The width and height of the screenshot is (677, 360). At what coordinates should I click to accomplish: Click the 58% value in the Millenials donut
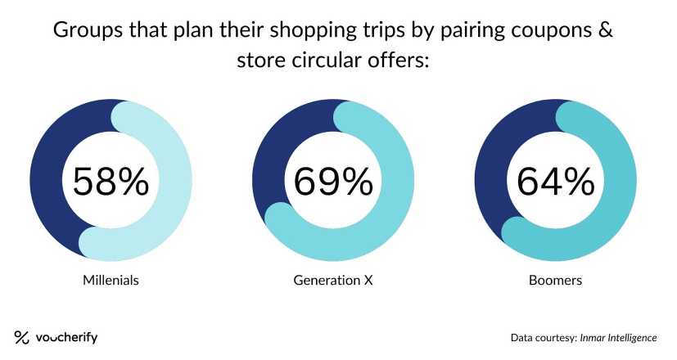click(111, 182)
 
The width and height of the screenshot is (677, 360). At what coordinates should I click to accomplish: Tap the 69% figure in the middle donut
click(333, 182)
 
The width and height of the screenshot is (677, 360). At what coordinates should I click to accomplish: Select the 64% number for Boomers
click(556, 182)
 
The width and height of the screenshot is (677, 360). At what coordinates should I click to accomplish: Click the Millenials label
click(111, 280)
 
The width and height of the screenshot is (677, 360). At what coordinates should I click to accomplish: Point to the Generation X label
click(333, 280)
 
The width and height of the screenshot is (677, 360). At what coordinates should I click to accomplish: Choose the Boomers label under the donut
click(555, 280)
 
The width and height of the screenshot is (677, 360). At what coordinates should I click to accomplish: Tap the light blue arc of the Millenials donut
click(175, 182)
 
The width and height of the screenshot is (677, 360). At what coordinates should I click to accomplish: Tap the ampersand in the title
click(607, 29)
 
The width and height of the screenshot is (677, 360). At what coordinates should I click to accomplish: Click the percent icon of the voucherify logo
click(21, 337)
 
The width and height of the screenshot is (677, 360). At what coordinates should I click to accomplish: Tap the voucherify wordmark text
click(67, 337)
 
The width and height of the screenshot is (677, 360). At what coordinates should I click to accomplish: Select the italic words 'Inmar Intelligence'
click(618, 338)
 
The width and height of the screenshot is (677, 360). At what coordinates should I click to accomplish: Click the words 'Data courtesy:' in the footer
click(544, 338)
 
